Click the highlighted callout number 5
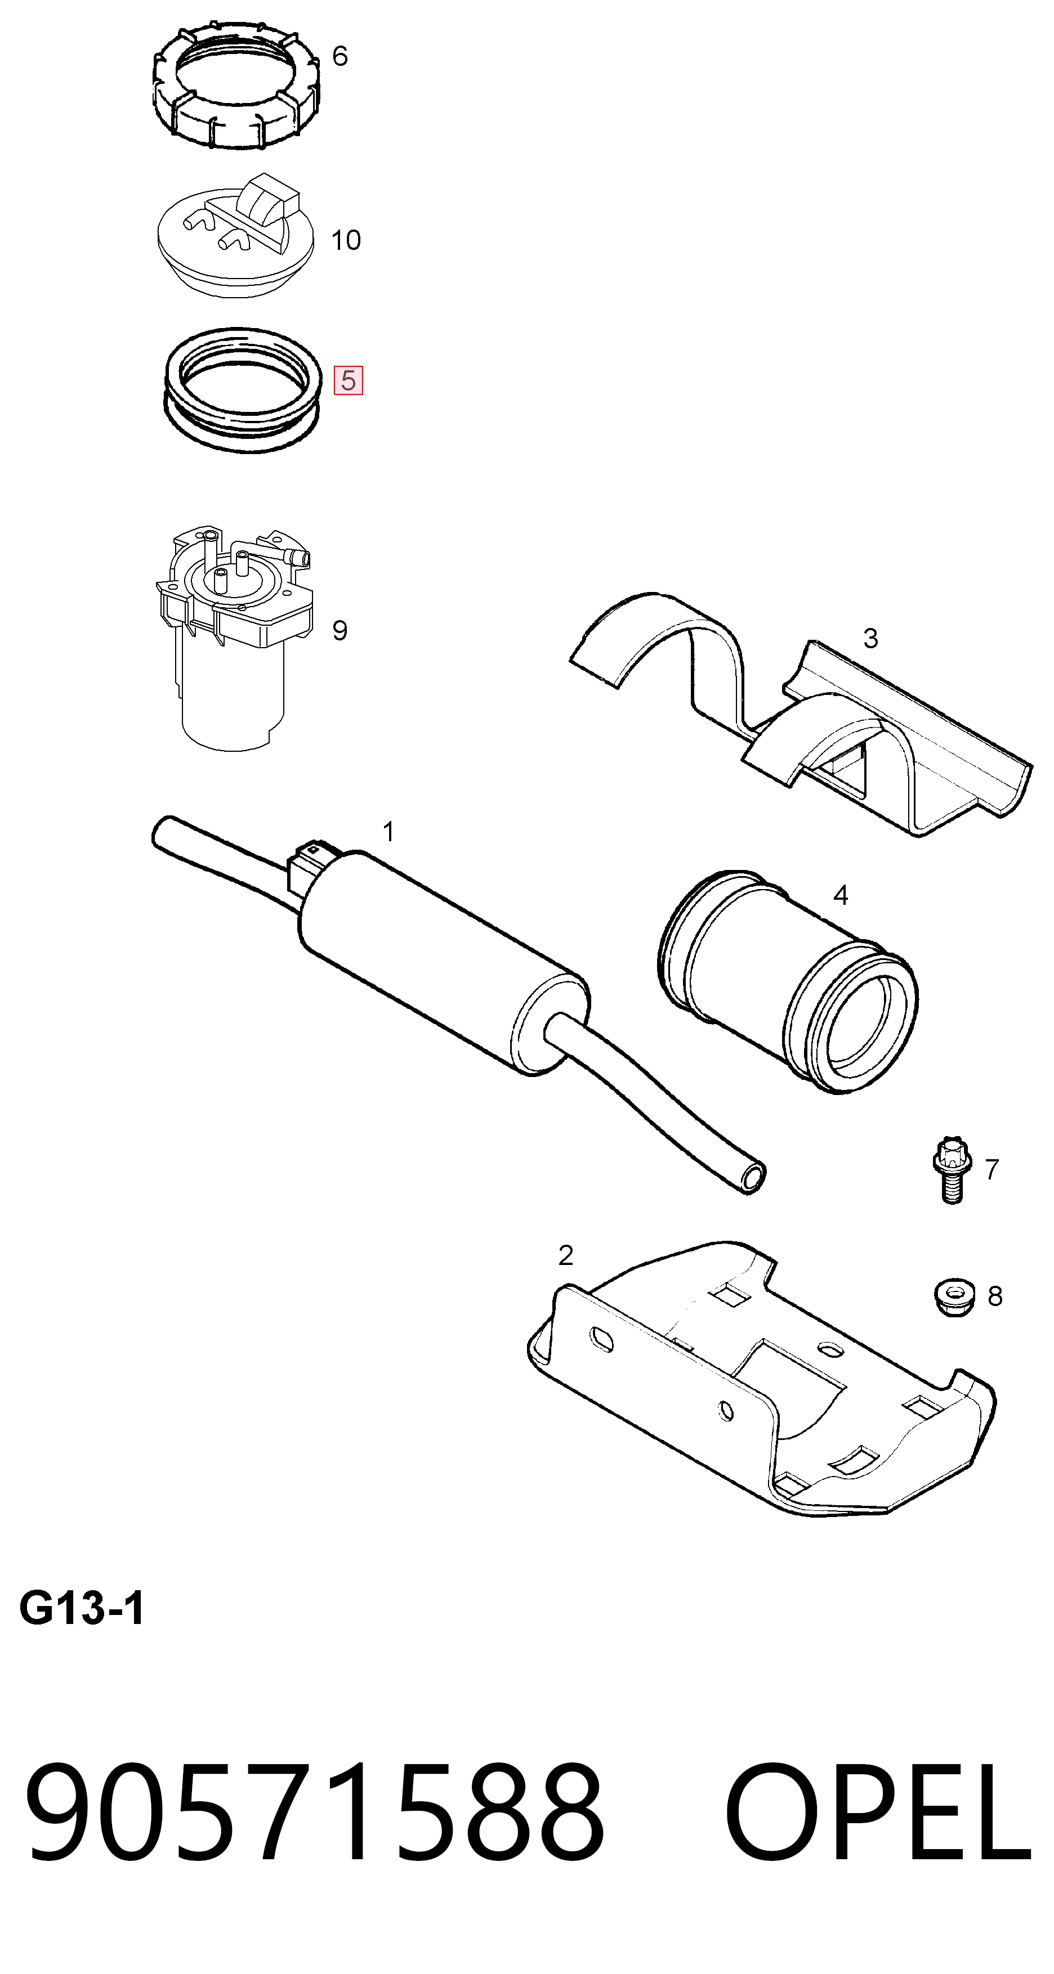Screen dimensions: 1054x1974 tap(348, 380)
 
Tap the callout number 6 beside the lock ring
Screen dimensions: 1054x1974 tap(340, 56)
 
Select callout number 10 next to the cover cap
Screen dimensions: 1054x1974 tap(346, 240)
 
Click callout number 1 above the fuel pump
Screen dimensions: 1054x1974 tap(388, 832)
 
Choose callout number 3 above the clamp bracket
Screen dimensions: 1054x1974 tap(870, 638)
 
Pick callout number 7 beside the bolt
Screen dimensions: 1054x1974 tap(992, 1169)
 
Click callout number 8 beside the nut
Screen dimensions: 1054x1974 tap(995, 1296)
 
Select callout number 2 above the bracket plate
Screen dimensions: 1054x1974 tap(566, 1255)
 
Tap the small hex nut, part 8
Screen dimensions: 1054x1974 tap(954, 1296)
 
